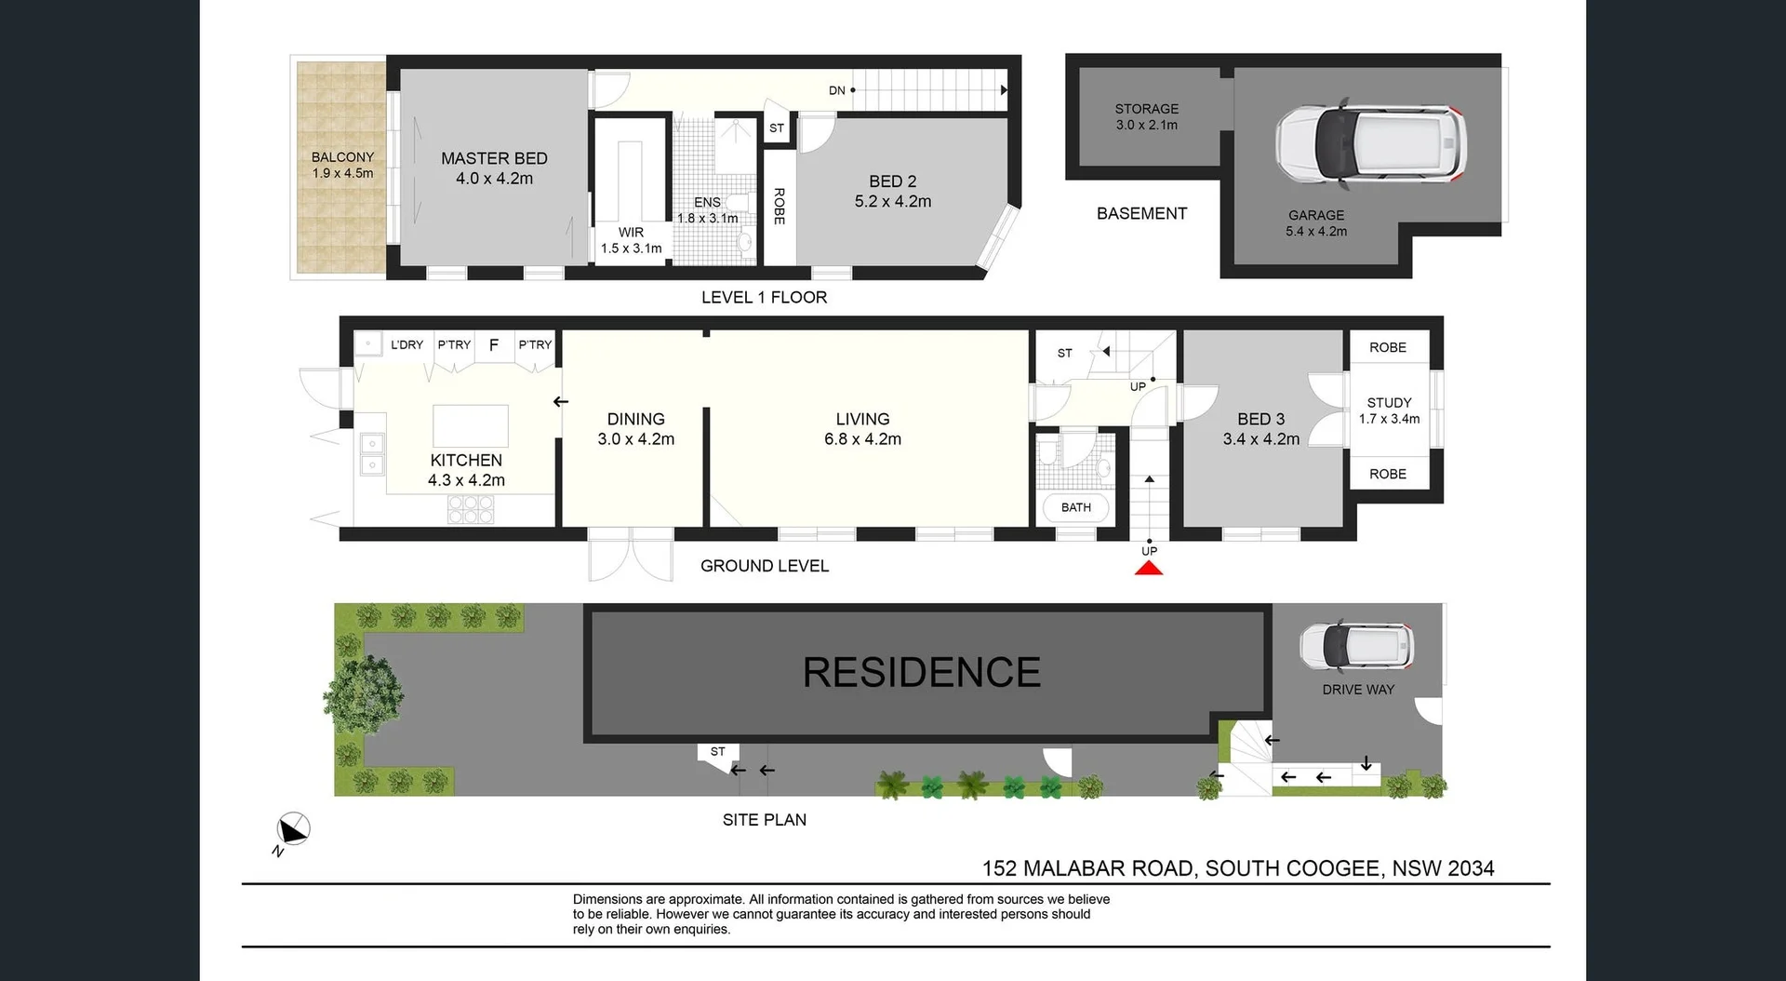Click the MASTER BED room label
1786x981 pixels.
(494, 159)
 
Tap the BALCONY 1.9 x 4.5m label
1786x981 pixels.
(342, 166)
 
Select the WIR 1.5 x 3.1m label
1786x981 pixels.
(631, 240)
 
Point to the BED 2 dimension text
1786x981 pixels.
(892, 202)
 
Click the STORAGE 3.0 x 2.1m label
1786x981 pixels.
(1146, 116)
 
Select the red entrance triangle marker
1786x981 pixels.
(1149, 568)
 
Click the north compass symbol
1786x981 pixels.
(293, 829)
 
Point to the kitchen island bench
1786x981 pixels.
(471, 426)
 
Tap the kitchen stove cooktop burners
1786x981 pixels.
(471, 509)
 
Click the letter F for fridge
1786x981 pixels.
(494, 345)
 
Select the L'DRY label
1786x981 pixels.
(407, 345)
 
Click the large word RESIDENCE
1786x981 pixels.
(921, 673)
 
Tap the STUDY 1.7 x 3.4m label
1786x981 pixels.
(1389, 410)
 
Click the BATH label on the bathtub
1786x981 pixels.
(1075, 507)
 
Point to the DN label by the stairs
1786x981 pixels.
(837, 90)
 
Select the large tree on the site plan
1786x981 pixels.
(364, 694)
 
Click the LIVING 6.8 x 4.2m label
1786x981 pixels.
(862, 429)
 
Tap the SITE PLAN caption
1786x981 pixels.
(764, 820)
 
